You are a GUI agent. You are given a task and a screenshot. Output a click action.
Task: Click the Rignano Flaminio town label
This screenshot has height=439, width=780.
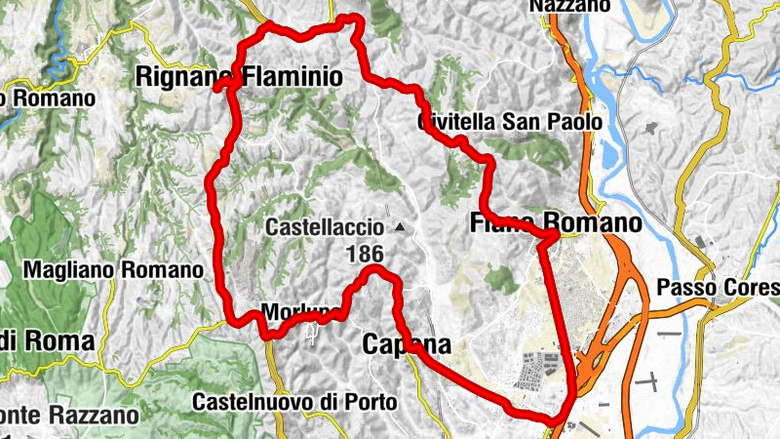coord(239,75)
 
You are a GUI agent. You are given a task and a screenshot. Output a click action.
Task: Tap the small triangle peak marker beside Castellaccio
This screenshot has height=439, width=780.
coord(400,228)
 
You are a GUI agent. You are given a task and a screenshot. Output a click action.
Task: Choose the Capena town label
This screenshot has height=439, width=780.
coord(407,343)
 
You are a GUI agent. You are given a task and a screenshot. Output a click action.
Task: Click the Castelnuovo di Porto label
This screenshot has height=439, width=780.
coord(294,401)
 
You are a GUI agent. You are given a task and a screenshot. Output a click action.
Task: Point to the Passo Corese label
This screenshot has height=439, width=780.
coord(719,288)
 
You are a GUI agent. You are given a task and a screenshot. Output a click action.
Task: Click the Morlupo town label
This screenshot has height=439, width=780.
coord(301,313)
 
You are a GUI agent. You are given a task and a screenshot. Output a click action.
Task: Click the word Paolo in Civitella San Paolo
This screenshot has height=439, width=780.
coord(580,123)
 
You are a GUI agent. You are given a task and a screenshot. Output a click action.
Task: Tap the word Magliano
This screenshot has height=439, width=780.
coord(74,269)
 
